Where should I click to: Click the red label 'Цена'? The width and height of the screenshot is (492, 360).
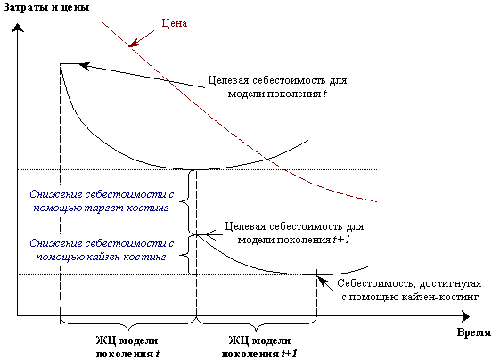tap(175, 23)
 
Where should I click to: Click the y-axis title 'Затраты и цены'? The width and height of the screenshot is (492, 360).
tap(46, 7)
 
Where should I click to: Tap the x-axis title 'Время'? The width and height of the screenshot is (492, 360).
tap(474, 332)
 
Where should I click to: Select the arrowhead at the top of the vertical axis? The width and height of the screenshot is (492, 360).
tap(18, 29)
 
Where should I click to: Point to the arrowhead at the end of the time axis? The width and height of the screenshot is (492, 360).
tap(466, 316)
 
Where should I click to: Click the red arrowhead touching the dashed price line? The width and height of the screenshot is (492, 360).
tap(134, 44)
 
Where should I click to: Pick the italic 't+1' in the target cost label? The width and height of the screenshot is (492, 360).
tap(340, 240)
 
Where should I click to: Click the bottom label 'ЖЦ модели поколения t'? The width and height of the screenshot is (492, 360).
tap(127, 347)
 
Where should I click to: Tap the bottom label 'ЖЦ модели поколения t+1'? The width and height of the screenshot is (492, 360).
tap(259, 347)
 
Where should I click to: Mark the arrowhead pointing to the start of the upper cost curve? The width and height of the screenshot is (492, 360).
tap(84, 66)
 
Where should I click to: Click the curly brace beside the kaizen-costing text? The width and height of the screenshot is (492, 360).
tap(184, 255)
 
